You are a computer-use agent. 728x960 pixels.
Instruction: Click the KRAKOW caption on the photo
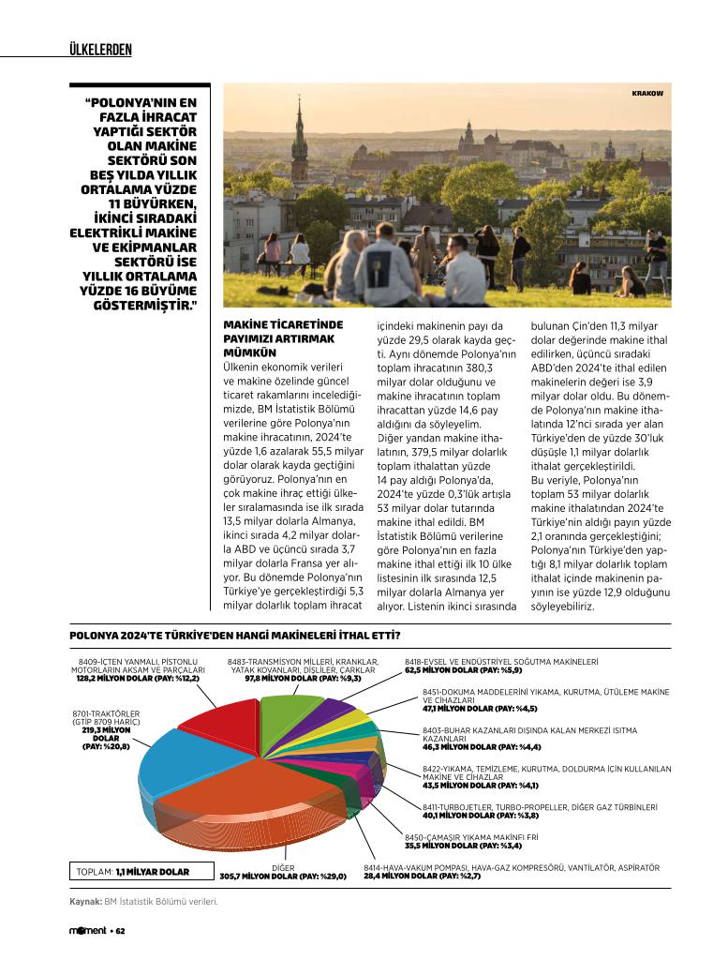(647, 94)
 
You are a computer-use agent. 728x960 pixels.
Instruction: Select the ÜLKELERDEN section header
(100, 49)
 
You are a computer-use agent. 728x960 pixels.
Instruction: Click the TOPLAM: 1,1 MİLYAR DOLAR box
(132, 872)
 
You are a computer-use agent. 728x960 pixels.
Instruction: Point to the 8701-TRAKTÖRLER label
(106, 717)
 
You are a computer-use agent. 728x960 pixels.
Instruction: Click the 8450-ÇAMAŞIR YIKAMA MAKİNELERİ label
(470, 836)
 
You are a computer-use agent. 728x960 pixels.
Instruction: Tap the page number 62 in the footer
(121, 931)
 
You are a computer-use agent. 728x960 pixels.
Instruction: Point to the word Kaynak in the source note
(84, 902)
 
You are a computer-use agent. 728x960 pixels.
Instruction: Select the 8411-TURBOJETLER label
(539, 806)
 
